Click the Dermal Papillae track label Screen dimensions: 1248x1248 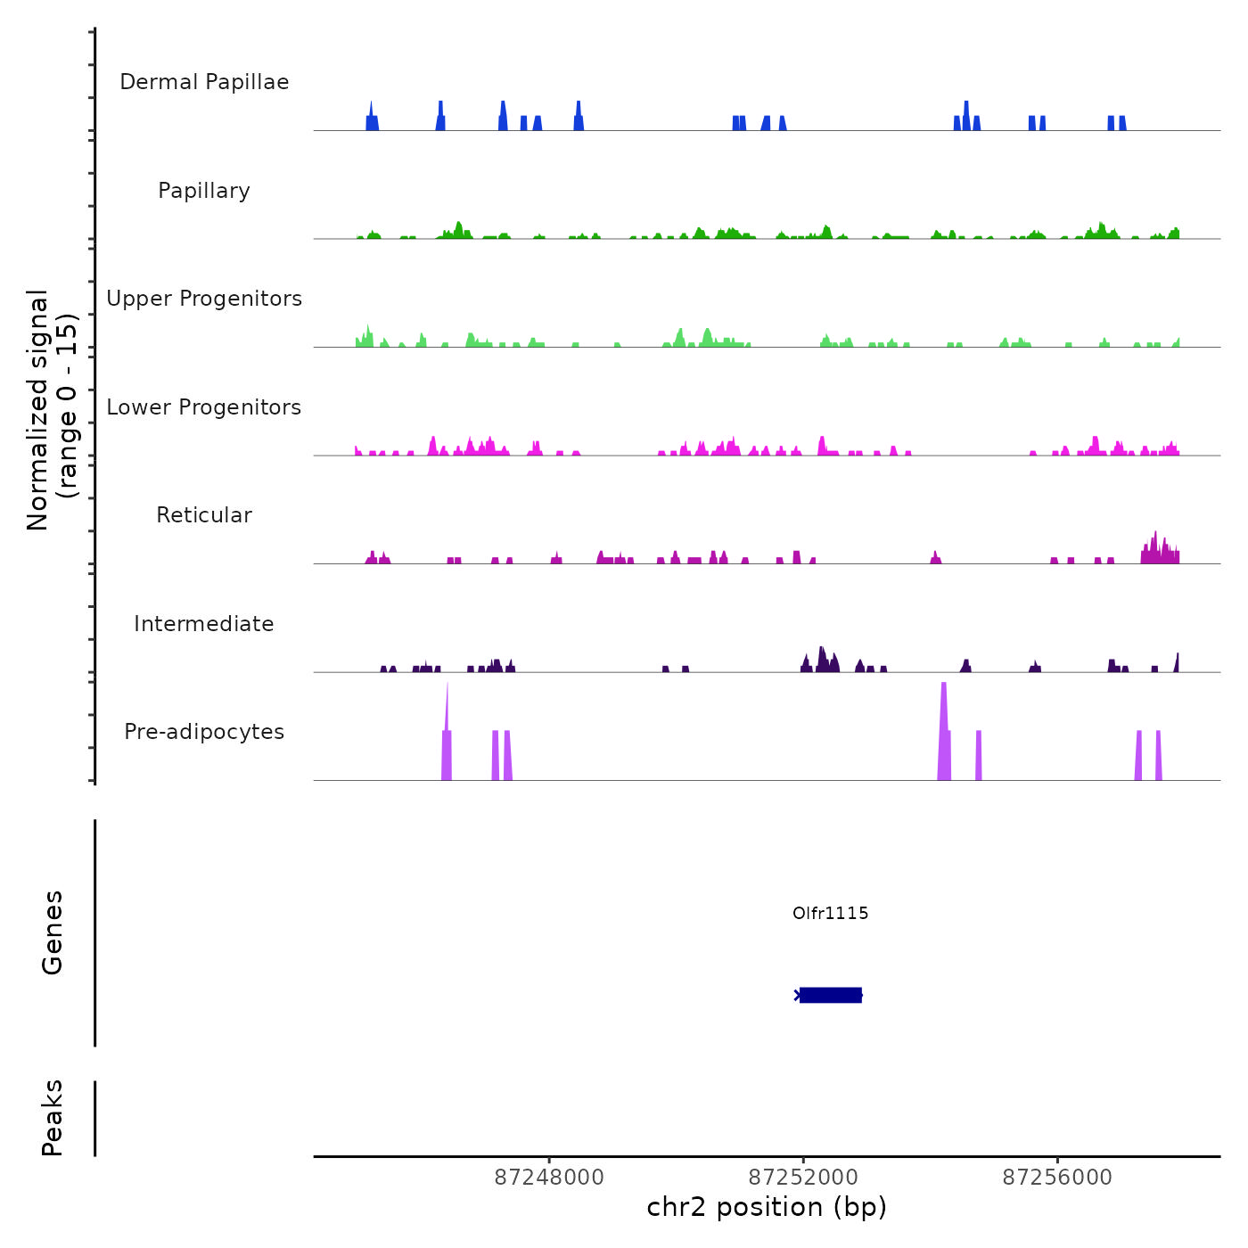tap(204, 82)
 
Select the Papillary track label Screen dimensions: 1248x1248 tap(204, 191)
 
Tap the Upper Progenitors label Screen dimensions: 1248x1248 tap(204, 299)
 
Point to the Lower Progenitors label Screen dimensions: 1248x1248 tap(204, 407)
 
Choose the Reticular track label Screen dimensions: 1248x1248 tap(204, 515)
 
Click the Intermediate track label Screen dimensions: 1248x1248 tap(204, 624)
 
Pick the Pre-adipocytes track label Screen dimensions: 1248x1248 tap(204, 732)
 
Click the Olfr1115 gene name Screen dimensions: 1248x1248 tap(830, 913)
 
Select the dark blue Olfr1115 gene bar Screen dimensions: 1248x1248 tap(830, 995)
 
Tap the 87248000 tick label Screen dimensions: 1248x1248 tap(549, 1178)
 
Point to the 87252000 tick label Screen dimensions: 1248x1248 tap(803, 1178)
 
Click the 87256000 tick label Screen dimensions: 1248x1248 tap(1057, 1178)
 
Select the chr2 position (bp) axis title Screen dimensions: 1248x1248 tap(767, 1208)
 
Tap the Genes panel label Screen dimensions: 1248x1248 tap(53, 932)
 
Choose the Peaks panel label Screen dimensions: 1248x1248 tap(53, 1118)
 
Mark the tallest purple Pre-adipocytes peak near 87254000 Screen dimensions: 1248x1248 tap(944, 731)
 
